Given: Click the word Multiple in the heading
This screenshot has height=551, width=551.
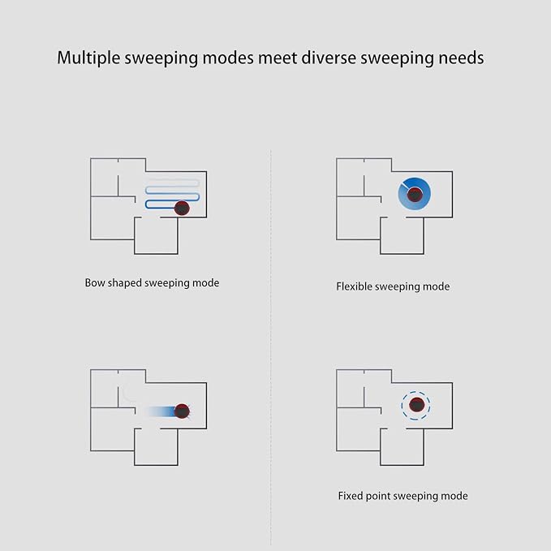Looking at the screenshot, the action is (x=88, y=58).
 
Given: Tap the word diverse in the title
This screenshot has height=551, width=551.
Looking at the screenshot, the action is (x=329, y=58).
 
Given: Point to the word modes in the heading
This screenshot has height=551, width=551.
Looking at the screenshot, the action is (x=228, y=58).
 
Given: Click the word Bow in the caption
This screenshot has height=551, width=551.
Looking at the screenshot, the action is (x=94, y=282).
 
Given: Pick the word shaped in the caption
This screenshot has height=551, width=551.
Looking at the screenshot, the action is (x=125, y=283).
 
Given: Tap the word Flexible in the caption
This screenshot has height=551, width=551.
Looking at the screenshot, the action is (x=354, y=286).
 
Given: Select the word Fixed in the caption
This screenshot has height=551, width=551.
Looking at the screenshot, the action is (x=351, y=496).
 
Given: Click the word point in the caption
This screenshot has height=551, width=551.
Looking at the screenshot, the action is (x=378, y=496).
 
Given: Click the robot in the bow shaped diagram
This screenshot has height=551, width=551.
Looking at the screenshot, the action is (x=182, y=209).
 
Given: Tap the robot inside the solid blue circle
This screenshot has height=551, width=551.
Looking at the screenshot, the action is (x=415, y=194).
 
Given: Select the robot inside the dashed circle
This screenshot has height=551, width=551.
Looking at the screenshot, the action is (x=416, y=405).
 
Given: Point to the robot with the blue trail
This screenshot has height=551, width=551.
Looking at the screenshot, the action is (x=182, y=411).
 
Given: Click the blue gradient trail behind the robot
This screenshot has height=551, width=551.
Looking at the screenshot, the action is (x=159, y=411).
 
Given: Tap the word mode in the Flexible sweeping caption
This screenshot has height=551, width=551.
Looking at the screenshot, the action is (x=436, y=286).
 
